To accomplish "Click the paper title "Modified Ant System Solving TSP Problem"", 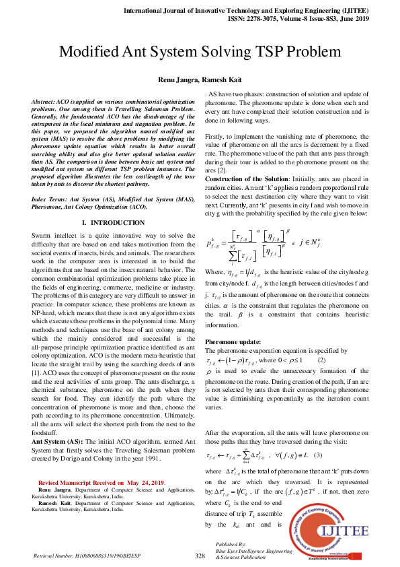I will [200, 52].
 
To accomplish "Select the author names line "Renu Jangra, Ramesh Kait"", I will [200, 79].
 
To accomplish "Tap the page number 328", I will [199, 556].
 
